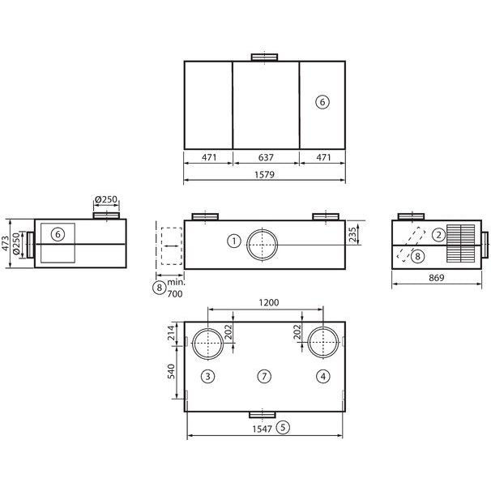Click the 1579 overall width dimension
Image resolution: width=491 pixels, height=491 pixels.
(x=265, y=174)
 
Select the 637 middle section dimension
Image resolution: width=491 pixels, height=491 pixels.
(x=266, y=157)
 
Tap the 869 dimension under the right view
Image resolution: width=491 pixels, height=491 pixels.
(x=436, y=277)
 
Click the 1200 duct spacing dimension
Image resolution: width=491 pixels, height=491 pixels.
(x=269, y=302)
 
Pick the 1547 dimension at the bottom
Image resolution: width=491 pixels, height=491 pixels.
(x=263, y=429)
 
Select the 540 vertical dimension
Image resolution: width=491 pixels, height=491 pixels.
(x=171, y=371)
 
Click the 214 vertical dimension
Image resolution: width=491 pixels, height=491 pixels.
(x=171, y=333)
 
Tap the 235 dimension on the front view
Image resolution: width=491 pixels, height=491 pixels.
(x=352, y=234)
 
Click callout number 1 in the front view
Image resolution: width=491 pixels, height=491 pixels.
(x=234, y=241)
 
